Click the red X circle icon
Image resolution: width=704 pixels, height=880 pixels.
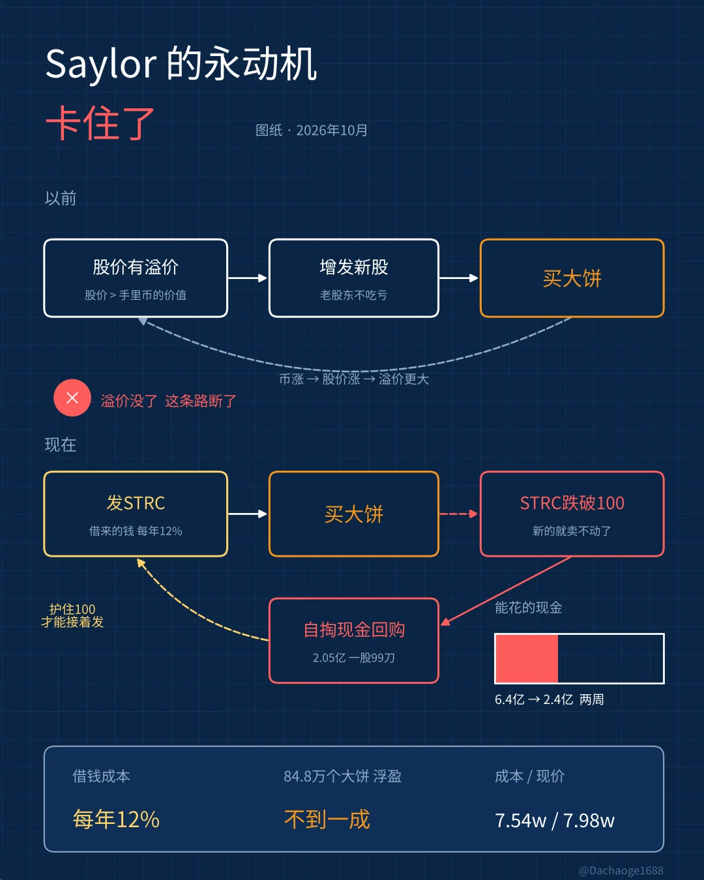coord(72,398)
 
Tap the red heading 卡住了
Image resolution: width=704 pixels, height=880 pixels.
coord(100,123)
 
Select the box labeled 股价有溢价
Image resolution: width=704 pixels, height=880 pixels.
coord(136,278)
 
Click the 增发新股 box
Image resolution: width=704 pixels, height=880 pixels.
coord(354,278)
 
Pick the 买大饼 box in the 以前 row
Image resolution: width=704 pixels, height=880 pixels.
coord(572,278)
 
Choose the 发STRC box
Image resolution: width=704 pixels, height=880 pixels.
coord(136,514)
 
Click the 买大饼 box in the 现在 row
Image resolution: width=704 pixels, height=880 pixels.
coord(354,514)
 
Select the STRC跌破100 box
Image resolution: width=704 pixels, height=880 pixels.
coord(572,514)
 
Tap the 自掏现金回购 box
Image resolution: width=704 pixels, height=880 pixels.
coord(354,641)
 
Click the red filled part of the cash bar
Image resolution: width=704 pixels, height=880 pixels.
coord(527,659)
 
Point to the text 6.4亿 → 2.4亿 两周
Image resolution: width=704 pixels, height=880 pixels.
coord(549,699)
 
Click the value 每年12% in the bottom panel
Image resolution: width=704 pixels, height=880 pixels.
coord(116,820)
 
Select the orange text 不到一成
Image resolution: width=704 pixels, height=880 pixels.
coord(327,819)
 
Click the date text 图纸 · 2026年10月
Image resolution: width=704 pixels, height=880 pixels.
coord(312,130)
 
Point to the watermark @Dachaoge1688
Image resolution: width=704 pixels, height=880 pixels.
coord(621,871)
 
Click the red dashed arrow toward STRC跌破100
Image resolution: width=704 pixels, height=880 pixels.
coord(458,514)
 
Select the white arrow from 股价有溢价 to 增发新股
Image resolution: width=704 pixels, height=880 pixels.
coord(248,278)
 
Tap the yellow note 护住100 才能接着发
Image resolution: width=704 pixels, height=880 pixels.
coord(72,615)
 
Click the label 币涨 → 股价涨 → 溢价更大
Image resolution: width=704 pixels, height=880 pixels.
coord(354,379)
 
